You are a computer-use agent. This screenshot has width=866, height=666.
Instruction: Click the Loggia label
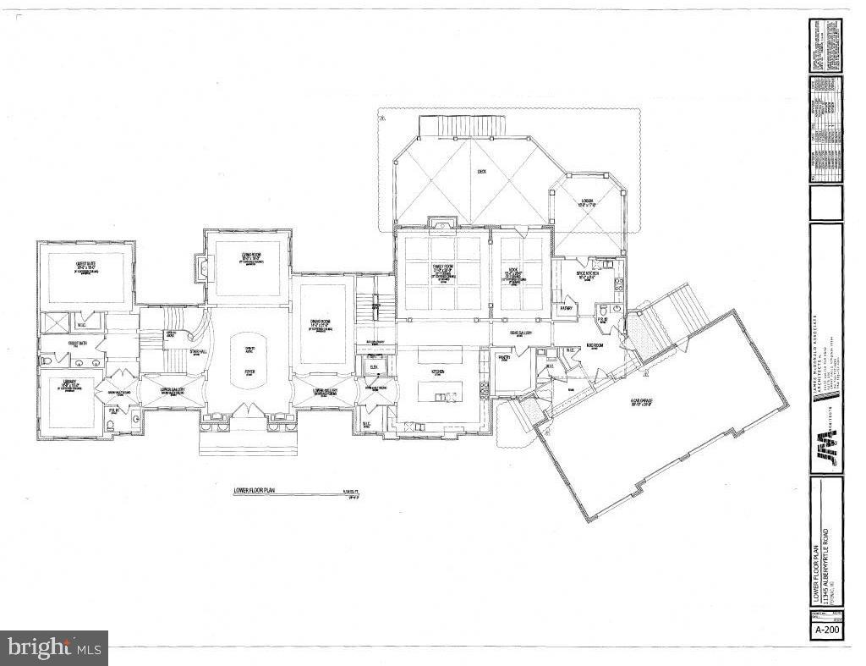click(588, 203)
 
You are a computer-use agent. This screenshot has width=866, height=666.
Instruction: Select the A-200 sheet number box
click(826, 632)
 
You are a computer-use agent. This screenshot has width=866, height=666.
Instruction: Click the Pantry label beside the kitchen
click(505, 359)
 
